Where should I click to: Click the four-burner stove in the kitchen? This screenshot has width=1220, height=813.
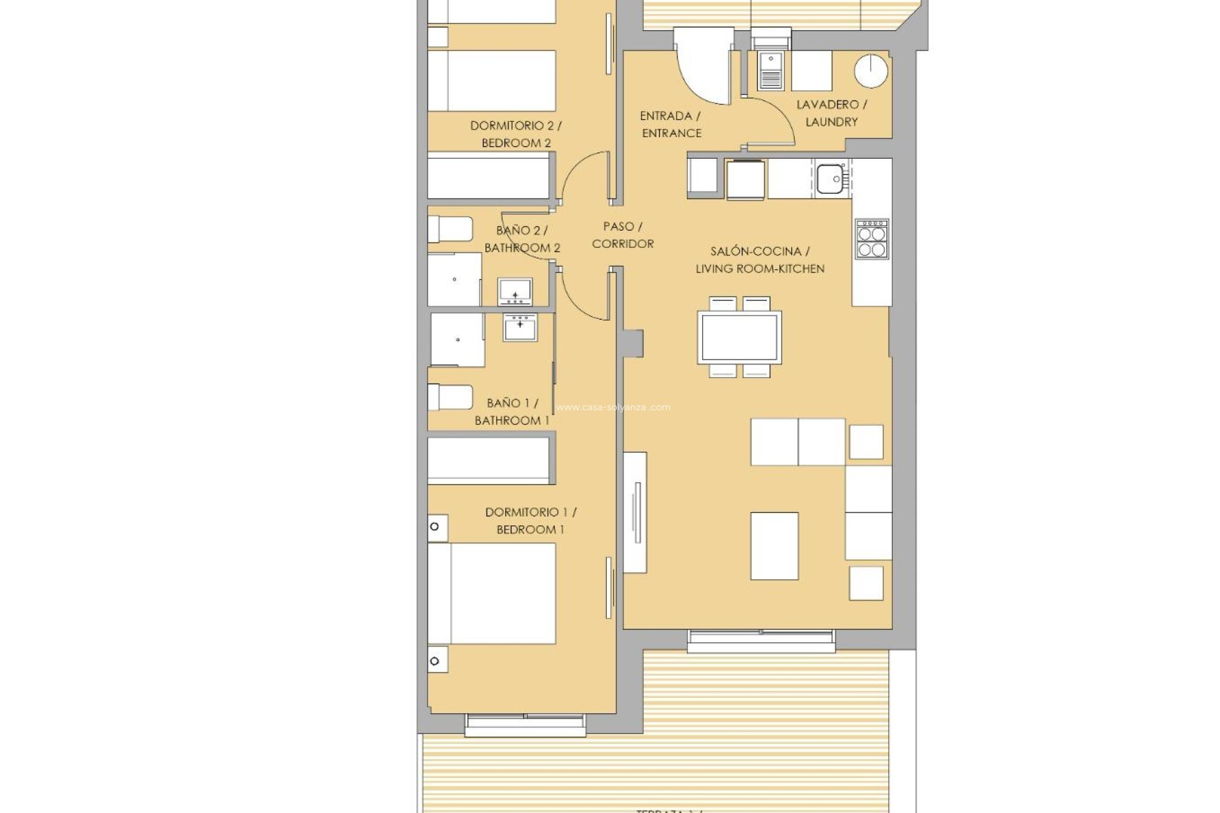pos(871,239)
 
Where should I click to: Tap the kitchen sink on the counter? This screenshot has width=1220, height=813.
pos(830,178)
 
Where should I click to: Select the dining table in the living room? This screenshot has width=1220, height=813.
pos(739,337)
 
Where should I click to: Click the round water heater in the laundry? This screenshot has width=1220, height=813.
pos(871,71)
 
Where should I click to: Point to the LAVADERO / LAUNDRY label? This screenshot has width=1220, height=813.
pos(831,113)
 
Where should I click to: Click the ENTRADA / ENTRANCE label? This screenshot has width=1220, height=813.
pos(671,124)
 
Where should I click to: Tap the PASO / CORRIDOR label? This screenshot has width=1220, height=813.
pos(622,235)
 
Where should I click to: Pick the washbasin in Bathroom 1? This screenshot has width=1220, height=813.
pos(520,327)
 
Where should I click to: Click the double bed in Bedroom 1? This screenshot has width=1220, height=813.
pos(491,593)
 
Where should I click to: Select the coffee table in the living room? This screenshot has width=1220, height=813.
pos(774,546)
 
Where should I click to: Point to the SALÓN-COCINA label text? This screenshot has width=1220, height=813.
pos(759,252)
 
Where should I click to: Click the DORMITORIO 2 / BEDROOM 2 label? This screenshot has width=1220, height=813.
pos(515,134)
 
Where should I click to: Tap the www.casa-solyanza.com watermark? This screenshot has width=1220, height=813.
pos(613,408)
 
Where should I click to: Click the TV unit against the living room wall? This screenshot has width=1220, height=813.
pos(635,512)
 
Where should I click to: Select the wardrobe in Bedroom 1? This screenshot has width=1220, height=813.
pos(488,459)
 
